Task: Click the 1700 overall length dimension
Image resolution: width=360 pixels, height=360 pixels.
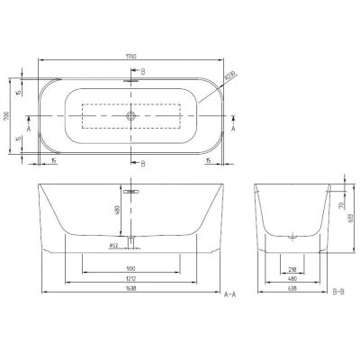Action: click(x=133, y=56)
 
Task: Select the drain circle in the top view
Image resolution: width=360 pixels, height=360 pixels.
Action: click(x=132, y=116)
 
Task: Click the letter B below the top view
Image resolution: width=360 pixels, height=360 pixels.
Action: click(x=142, y=163)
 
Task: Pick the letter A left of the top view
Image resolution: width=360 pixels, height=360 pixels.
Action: click(x=30, y=129)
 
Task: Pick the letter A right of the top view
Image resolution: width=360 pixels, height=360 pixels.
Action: click(x=234, y=129)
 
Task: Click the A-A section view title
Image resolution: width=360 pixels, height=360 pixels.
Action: click(x=230, y=293)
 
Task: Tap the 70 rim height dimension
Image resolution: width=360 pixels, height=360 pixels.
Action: click(x=339, y=205)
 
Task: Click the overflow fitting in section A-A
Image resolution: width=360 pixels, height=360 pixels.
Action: click(x=131, y=192)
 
